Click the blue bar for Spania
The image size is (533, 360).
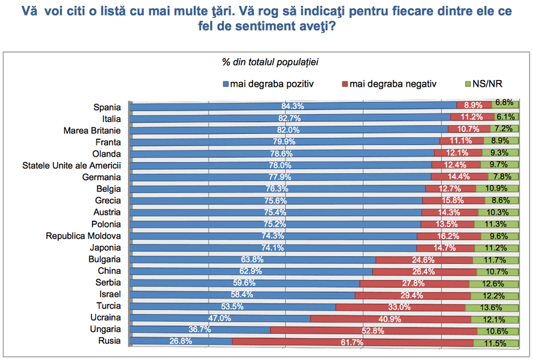tap(293, 106)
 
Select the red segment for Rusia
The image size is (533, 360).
tap(353, 342)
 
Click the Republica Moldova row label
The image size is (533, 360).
tap(83, 236)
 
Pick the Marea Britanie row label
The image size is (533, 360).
tap(91, 129)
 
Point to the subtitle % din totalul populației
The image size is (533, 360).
tap(270, 63)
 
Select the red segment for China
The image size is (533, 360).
tap(422, 271)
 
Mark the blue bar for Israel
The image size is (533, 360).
tap(243, 295)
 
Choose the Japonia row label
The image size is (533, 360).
tap(104, 247)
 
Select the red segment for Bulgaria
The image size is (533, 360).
tap(424, 259)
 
